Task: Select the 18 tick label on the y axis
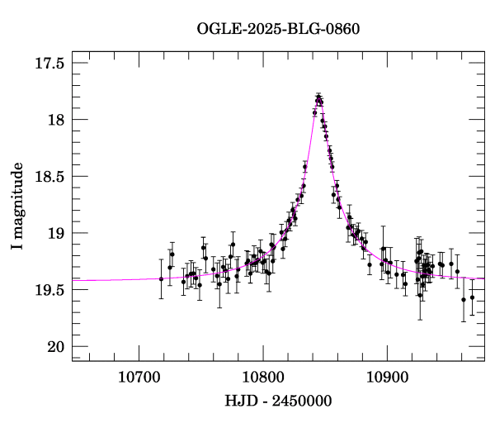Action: click(x=57, y=120)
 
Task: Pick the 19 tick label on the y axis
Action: click(x=57, y=233)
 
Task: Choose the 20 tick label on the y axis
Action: click(x=57, y=346)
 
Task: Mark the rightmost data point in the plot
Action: click(x=472, y=297)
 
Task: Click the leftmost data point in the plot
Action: click(x=162, y=279)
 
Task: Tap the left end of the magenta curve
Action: click(x=73, y=281)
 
